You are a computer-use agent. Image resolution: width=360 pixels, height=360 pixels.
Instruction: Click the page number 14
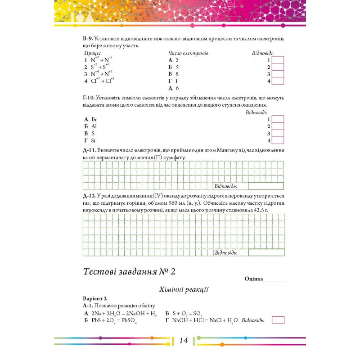(x=183, y=341)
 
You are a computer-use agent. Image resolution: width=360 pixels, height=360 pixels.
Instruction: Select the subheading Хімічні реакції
(x=183, y=289)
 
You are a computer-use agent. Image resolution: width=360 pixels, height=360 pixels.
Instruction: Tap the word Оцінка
(x=253, y=279)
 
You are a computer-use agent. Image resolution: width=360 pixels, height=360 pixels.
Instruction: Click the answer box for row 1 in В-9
(x=278, y=60)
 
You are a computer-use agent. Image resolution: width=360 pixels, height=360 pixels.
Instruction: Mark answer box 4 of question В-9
(x=278, y=81)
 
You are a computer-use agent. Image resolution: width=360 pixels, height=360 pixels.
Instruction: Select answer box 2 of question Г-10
(x=278, y=126)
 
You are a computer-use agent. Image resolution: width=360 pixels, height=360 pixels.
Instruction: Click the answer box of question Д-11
(x=265, y=186)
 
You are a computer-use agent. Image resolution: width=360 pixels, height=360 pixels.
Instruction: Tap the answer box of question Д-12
(x=265, y=252)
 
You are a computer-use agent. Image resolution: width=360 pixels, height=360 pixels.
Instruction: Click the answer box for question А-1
(x=278, y=320)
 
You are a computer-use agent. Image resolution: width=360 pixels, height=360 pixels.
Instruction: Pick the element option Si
(x=94, y=141)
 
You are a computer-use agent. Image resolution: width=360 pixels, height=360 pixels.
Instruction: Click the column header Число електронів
(x=188, y=53)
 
